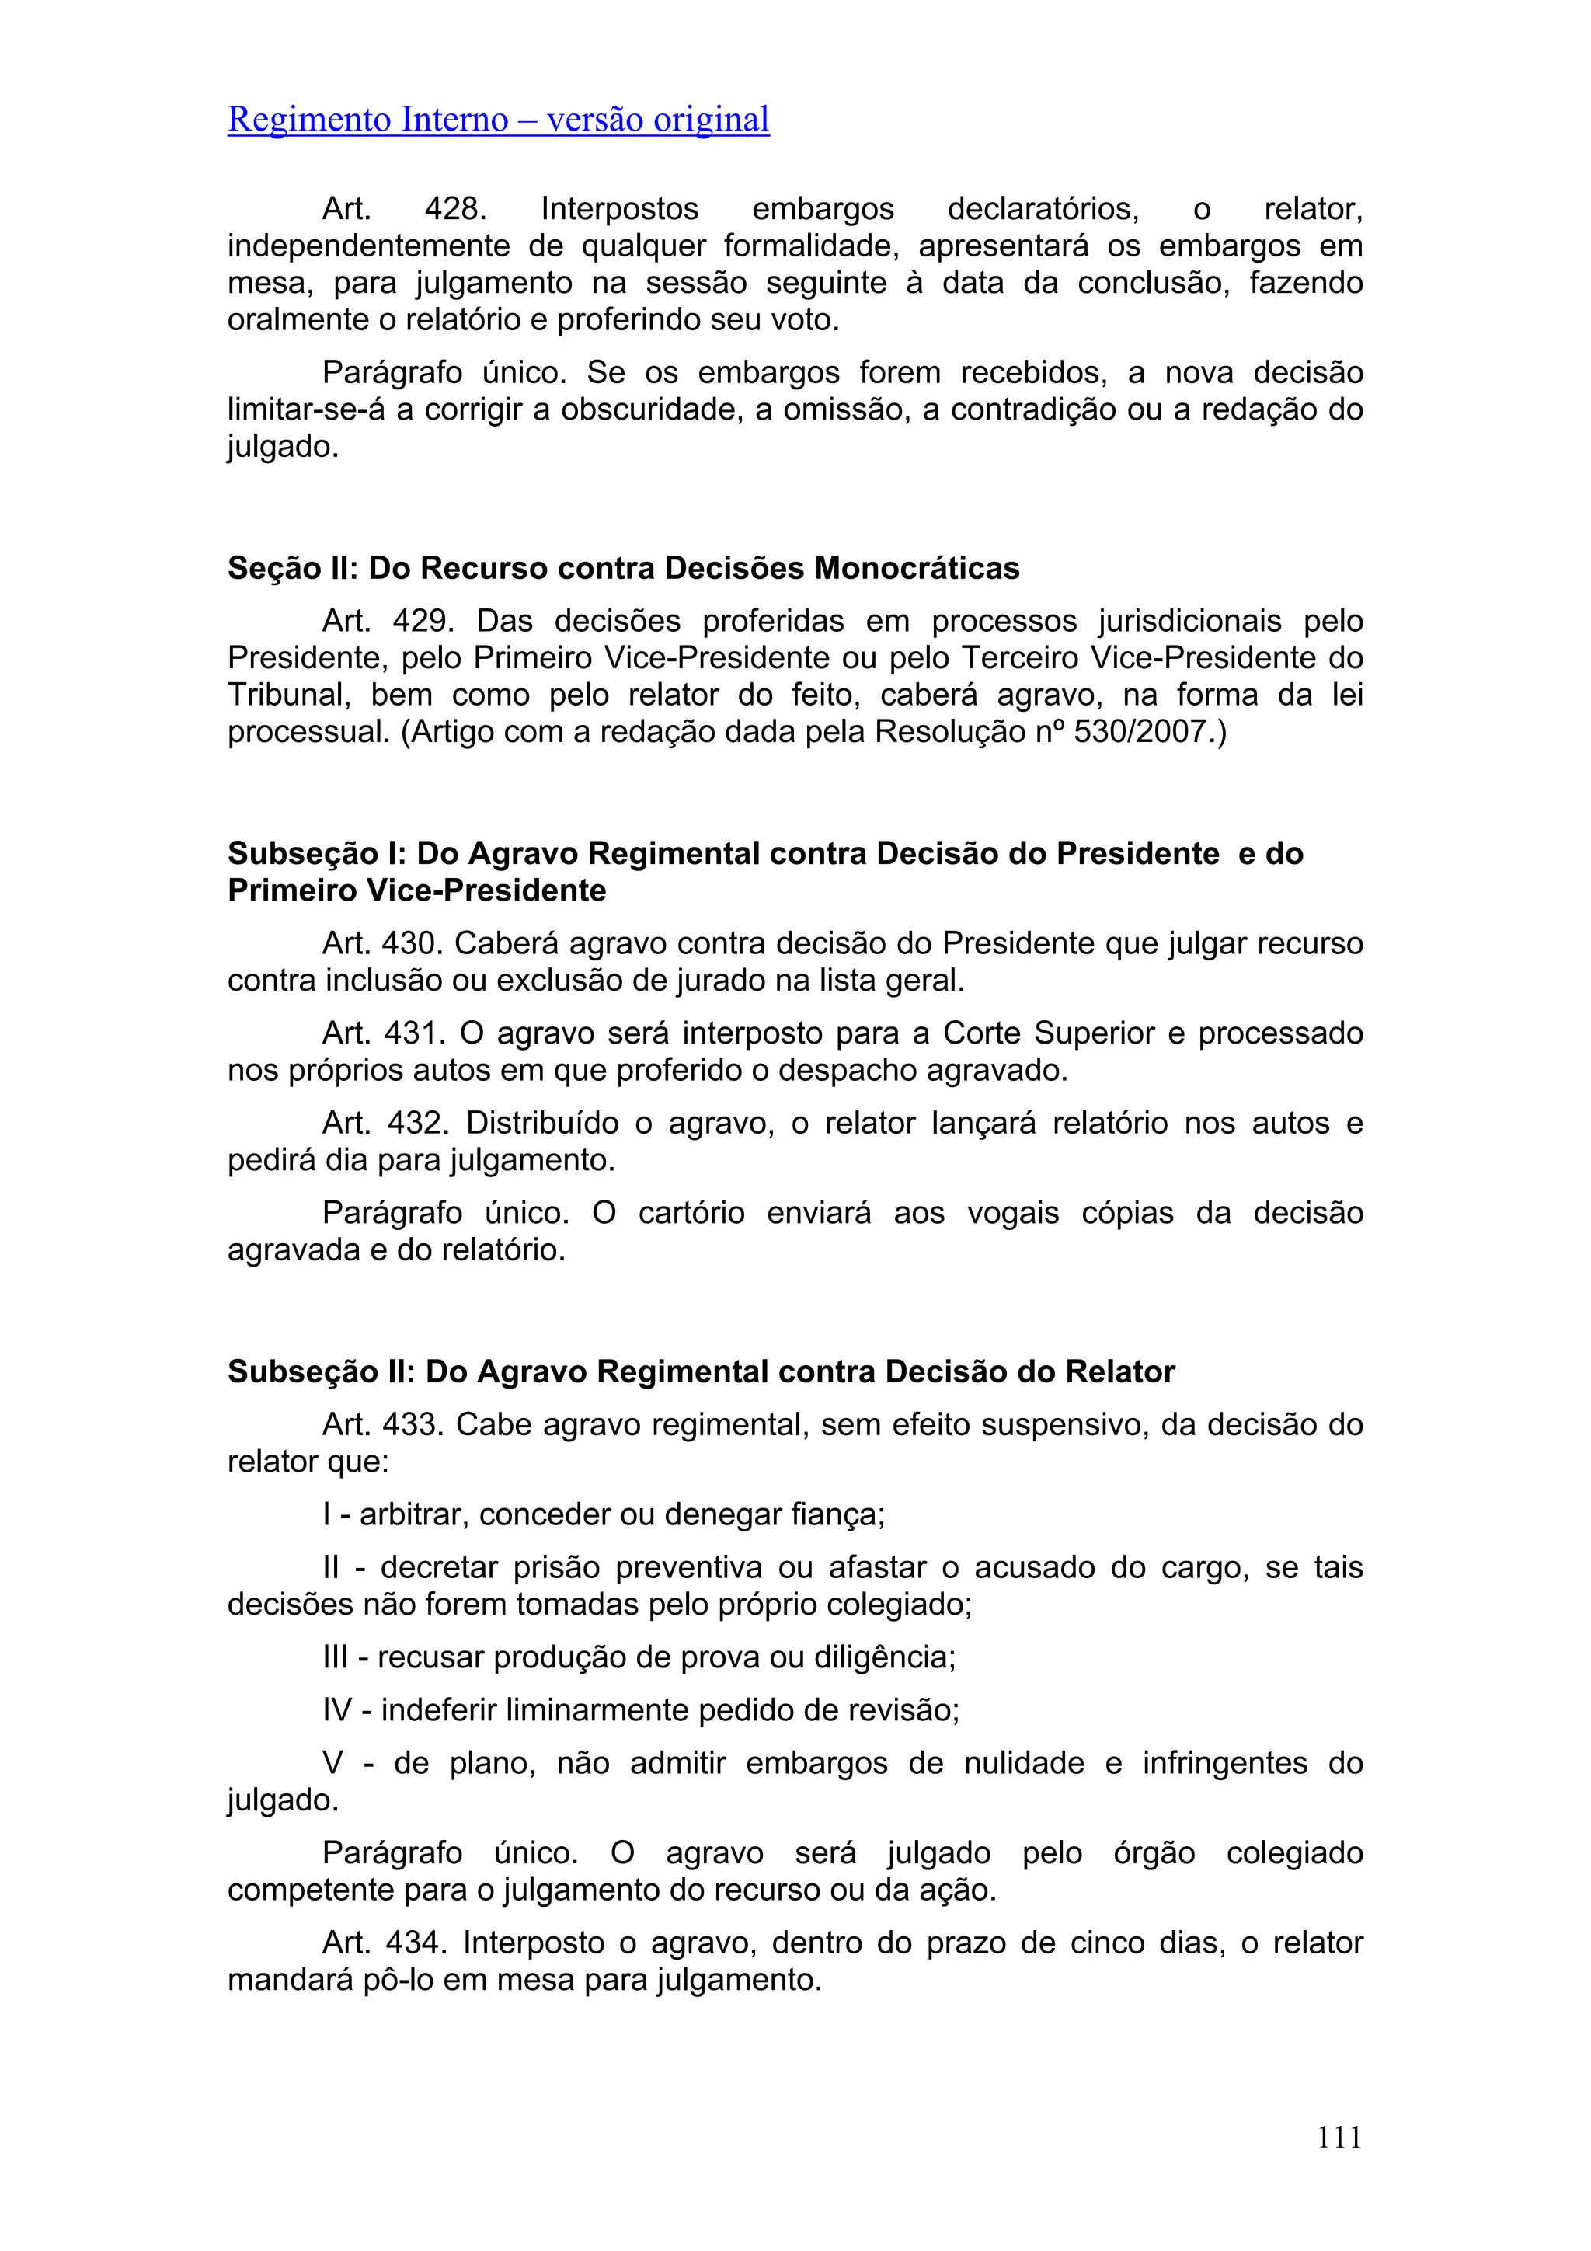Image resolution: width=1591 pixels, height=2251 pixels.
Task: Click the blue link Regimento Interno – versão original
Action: [498, 120]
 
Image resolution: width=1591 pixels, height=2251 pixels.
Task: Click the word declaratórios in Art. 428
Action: [1042, 209]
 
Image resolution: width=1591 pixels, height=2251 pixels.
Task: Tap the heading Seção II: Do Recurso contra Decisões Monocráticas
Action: [624, 568]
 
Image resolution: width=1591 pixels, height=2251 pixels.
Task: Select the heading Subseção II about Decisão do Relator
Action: [701, 1371]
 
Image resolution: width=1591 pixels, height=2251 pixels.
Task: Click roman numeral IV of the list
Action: [336, 1711]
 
